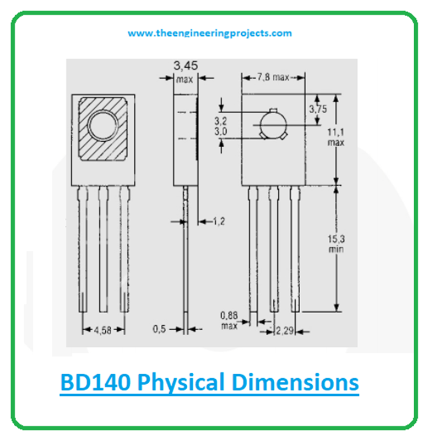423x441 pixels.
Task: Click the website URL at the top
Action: (210, 33)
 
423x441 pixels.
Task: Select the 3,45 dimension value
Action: (185, 66)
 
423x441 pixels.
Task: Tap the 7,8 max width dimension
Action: (273, 77)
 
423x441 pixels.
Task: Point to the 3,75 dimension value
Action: (318, 109)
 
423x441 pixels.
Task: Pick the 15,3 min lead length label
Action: (334, 244)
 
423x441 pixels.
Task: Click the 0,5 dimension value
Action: (160, 329)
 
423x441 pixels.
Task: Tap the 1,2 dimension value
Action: (219, 221)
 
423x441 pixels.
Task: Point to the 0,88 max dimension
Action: (229, 320)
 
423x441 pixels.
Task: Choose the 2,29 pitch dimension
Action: (285, 331)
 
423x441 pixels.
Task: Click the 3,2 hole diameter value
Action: (221, 120)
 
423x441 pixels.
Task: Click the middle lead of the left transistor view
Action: (103, 248)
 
